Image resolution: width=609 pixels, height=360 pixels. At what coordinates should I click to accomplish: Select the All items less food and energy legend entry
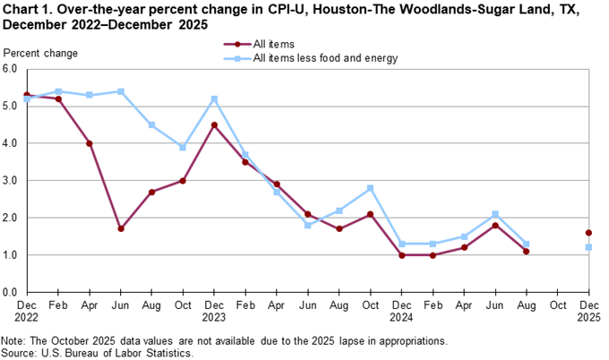pyautogui.click(x=325, y=58)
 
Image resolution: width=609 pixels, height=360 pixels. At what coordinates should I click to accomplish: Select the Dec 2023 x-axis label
pyautogui.click(x=213, y=312)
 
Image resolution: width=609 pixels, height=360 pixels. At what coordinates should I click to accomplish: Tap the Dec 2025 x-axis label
pyautogui.click(x=588, y=312)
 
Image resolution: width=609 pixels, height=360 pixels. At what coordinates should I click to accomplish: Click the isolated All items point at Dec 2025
pyautogui.click(x=588, y=233)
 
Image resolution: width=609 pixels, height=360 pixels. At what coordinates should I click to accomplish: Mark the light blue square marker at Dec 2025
pyautogui.click(x=588, y=247)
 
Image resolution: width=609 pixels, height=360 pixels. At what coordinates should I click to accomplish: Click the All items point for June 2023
pyautogui.click(x=120, y=228)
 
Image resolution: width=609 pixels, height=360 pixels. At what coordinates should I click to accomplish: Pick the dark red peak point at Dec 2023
pyautogui.click(x=213, y=124)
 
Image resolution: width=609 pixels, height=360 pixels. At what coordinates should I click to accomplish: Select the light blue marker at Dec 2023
pyautogui.click(x=213, y=99)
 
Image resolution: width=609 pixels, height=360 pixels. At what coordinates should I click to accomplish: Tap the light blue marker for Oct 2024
pyautogui.click(x=370, y=188)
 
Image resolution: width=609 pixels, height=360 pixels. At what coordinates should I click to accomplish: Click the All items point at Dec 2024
pyautogui.click(x=401, y=255)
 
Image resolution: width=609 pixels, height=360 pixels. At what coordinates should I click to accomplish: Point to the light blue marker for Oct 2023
pyautogui.click(x=183, y=147)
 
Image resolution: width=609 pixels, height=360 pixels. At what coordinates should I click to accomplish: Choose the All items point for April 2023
pyautogui.click(x=89, y=143)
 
